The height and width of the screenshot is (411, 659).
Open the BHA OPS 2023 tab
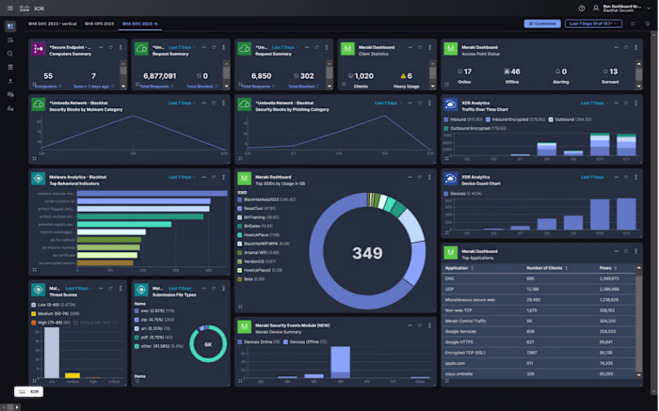(x=100, y=23)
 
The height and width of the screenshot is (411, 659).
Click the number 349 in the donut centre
(x=366, y=252)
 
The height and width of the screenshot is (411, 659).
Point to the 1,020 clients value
(x=362, y=75)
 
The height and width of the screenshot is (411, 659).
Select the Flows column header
(x=605, y=268)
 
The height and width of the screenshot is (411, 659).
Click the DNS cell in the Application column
(x=450, y=278)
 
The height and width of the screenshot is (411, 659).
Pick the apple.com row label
(x=456, y=362)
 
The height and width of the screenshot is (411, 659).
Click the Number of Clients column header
(x=544, y=268)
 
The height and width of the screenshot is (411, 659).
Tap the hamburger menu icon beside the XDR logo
(x=10, y=8)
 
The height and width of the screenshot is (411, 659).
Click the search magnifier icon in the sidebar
(x=10, y=54)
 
